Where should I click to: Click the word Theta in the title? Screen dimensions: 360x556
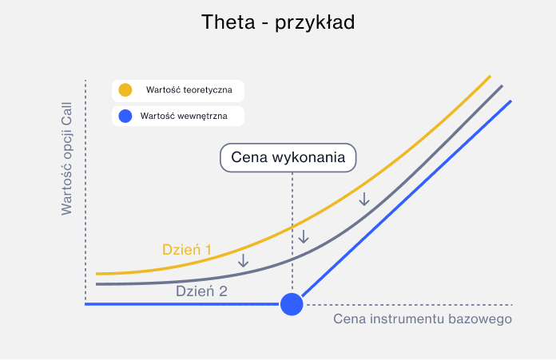228,22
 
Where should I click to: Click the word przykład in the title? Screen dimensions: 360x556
314,23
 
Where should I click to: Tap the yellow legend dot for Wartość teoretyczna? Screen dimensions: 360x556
125,90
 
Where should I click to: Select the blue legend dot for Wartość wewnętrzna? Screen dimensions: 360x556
125,117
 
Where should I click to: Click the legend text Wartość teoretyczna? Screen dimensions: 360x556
189,90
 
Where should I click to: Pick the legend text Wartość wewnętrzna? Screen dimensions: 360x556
184,117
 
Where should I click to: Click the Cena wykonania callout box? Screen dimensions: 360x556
288,157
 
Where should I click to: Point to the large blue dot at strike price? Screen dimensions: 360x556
292,303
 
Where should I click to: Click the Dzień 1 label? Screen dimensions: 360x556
186,249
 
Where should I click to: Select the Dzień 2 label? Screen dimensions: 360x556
201,291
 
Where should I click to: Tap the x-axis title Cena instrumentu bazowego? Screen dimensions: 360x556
422,319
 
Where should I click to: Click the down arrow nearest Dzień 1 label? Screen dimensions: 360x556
244,259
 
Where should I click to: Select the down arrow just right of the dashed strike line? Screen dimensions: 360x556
304,236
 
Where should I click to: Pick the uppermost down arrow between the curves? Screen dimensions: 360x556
364,198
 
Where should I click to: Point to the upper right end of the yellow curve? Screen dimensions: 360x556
489,77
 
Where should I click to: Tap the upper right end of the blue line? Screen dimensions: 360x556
509,101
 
